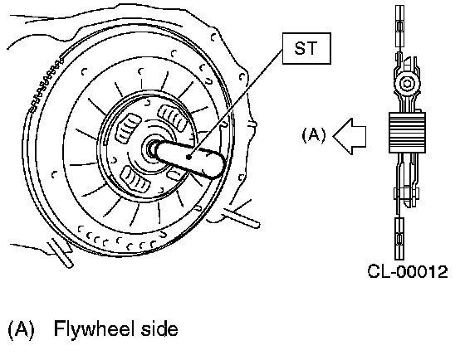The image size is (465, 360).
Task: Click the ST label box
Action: click(306, 48)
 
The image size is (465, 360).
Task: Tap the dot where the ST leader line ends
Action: click(189, 157)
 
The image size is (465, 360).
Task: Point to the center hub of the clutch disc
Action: click(152, 149)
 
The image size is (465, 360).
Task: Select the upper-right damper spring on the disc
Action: click(173, 117)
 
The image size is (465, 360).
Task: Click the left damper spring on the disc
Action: click(128, 129)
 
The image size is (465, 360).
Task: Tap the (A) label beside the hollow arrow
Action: click(314, 135)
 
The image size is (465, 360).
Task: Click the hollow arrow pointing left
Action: click(350, 137)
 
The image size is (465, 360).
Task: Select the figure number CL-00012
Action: click(408, 271)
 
